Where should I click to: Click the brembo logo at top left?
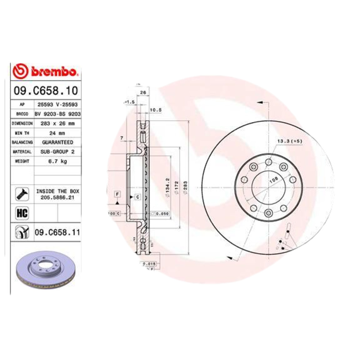tap(46, 72)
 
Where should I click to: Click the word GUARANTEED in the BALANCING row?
tap(58, 143)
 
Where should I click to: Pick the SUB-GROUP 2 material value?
tap(58, 152)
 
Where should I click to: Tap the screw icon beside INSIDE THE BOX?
tap(22, 193)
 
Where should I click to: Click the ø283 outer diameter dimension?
tap(185, 187)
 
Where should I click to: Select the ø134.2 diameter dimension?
tap(167, 187)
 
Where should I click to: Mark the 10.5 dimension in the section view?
tap(155, 110)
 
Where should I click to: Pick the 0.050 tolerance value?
tap(162, 213)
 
